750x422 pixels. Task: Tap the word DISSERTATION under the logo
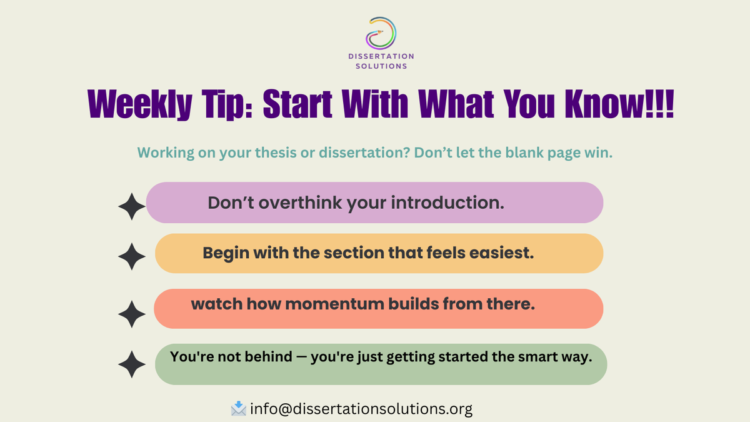pyautogui.click(x=381, y=57)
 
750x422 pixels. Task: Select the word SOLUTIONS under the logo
pyautogui.click(x=381, y=66)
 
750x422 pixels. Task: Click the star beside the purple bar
pyautogui.click(x=132, y=207)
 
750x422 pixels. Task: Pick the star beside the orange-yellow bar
pyautogui.click(x=132, y=257)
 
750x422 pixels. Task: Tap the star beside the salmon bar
pyautogui.click(x=132, y=314)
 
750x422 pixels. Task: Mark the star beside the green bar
pyautogui.click(x=132, y=364)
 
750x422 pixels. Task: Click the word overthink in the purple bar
pyautogui.click(x=292, y=203)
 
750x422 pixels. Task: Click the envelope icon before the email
pyautogui.click(x=238, y=409)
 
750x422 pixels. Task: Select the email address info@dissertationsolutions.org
pyautogui.click(x=361, y=409)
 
